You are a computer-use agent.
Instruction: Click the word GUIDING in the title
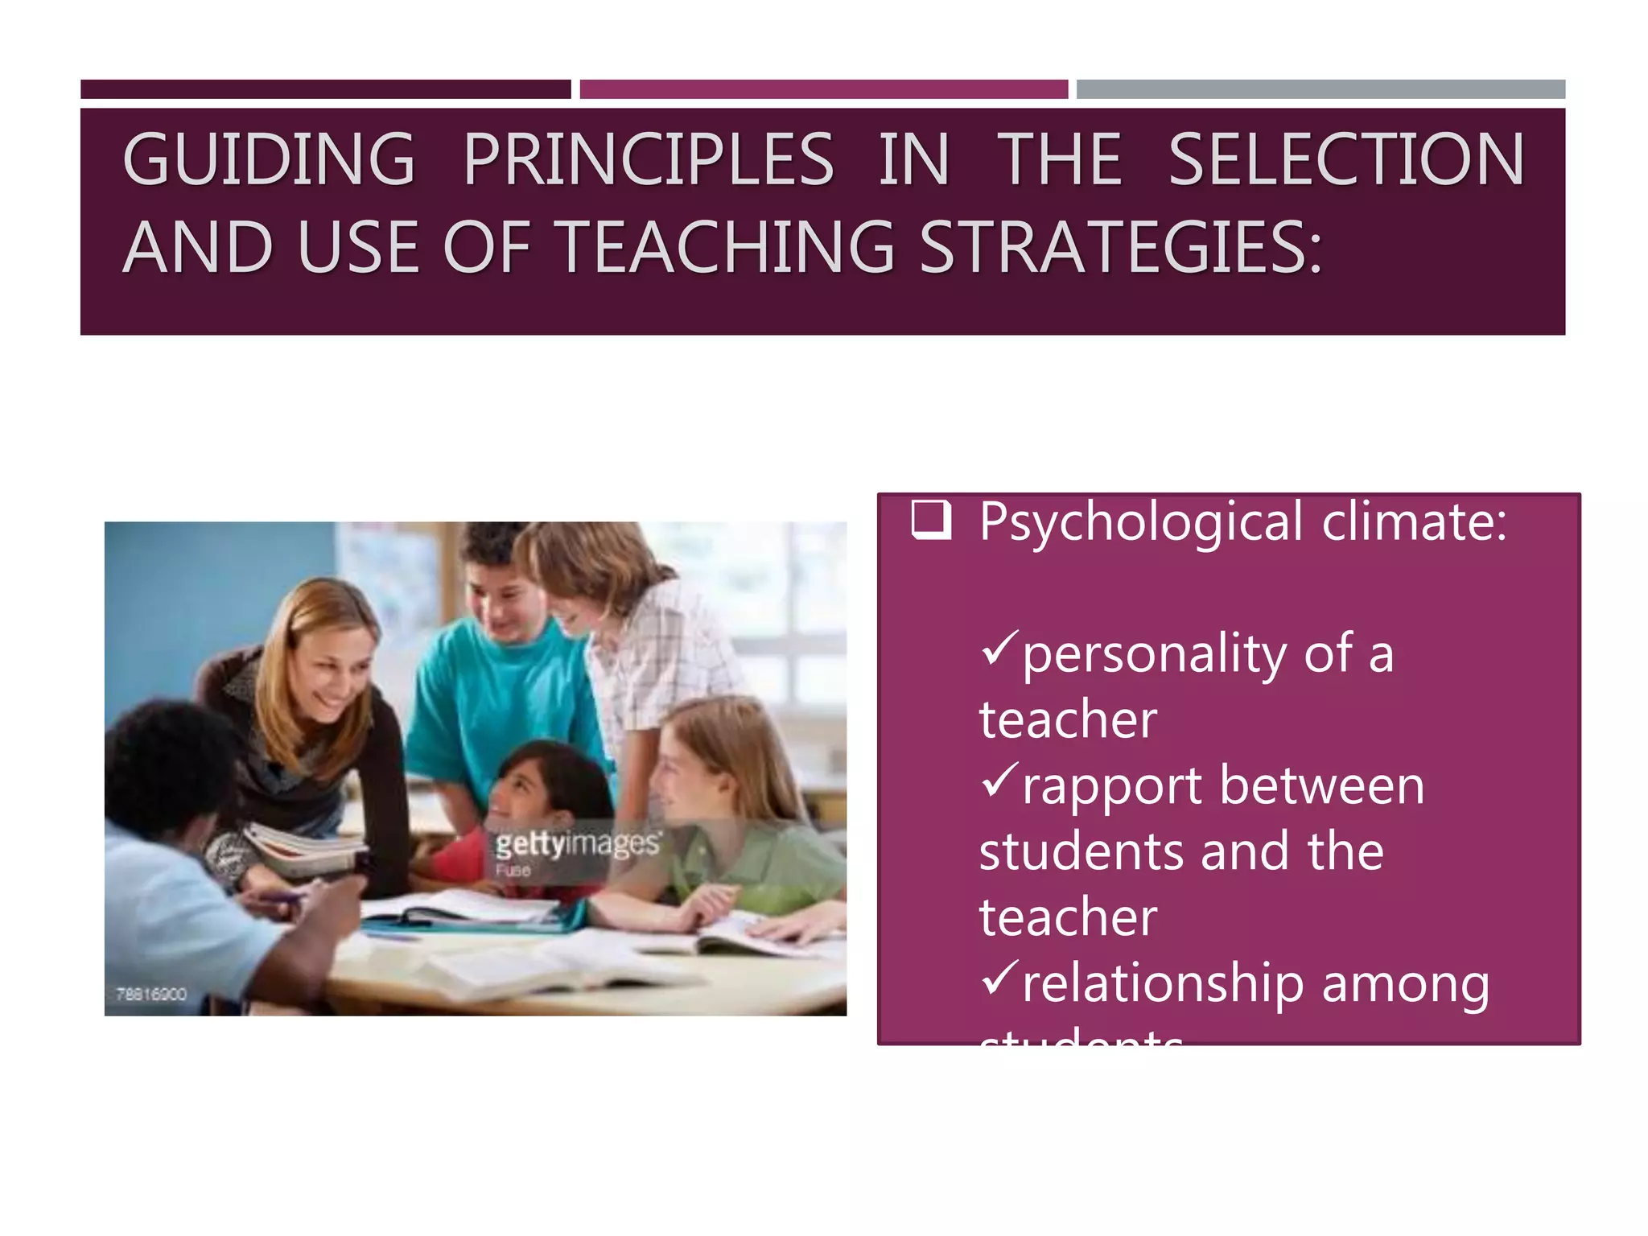269,159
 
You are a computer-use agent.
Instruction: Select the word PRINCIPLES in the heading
649,159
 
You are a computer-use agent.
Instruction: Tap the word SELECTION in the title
1345,159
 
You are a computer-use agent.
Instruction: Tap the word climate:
1414,521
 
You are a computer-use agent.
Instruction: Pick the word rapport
1112,786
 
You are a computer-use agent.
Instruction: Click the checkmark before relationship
999,978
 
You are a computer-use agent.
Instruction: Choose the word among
1405,984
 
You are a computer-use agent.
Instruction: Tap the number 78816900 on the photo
151,994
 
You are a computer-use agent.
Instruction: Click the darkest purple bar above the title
325,89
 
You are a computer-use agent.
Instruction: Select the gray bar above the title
1320,89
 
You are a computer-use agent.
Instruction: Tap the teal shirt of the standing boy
499,692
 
